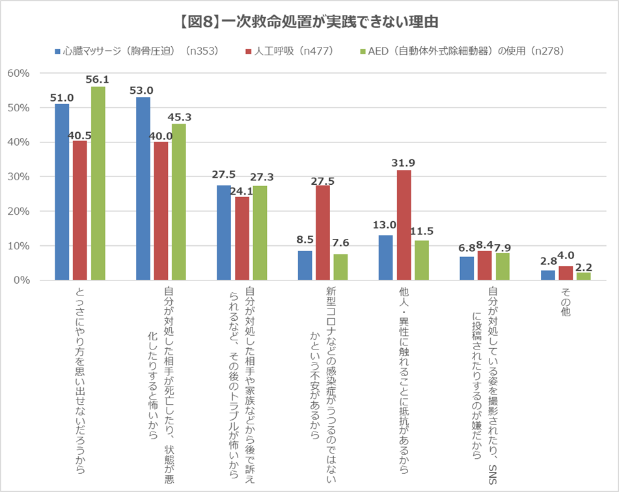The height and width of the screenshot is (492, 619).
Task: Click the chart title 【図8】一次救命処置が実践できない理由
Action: (x=309, y=21)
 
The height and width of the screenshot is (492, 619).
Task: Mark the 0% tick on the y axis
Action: (x=21, y=280)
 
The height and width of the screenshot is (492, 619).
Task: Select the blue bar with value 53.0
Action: (x=143, y=189)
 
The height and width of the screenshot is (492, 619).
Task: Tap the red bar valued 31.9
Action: (x=404, y=225)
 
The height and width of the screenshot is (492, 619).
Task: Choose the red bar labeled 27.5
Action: (x=323, y=233)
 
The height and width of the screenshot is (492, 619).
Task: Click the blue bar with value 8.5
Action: (x=305, y=266)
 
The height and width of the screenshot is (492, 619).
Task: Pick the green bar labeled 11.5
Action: (x=422, y=260)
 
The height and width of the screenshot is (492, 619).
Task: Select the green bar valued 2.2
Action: (x=584, y=277)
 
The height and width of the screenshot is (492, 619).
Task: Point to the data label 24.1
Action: (x=242, y=191)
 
